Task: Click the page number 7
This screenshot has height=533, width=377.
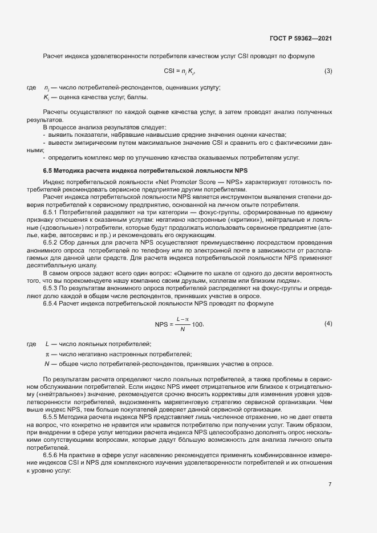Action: [x=330, y=485]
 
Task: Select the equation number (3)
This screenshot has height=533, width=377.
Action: [x=328, y=71]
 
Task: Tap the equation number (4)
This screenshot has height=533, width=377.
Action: [x=328, y=324]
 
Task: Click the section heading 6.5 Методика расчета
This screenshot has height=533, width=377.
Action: [x=145, y=170]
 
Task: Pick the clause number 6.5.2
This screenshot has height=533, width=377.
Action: [x=52, y=242]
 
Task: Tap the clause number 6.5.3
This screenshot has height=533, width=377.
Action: [x=52, y=288]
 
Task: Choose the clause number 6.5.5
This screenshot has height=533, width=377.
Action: [x=52, y=417]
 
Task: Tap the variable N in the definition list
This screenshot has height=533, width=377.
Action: [x=47, y=364]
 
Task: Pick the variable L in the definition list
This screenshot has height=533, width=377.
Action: [x=47, y=344]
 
